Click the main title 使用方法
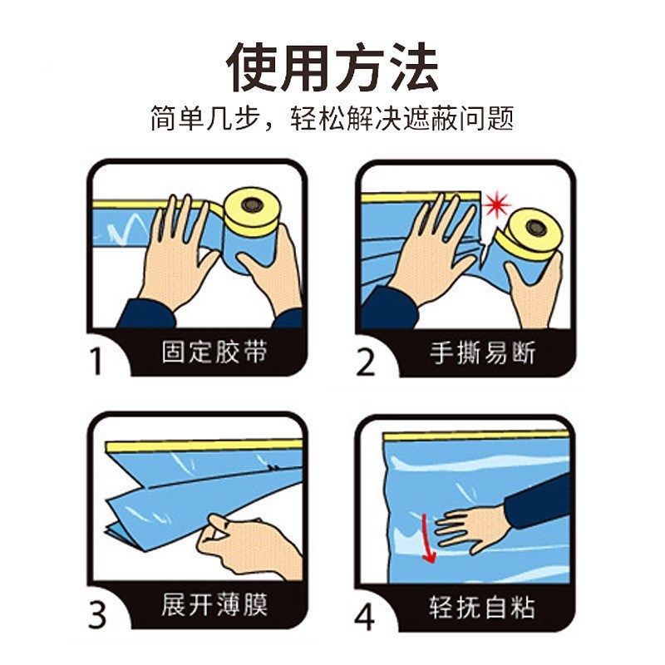click(332, 67)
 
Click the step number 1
click(97, 362)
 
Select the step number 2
click(366, 362)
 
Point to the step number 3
click(97, 614)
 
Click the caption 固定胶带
click(214, 352)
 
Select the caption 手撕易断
click(483, 352)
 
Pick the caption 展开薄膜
click(214, 604)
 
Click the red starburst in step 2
click(497, 204)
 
